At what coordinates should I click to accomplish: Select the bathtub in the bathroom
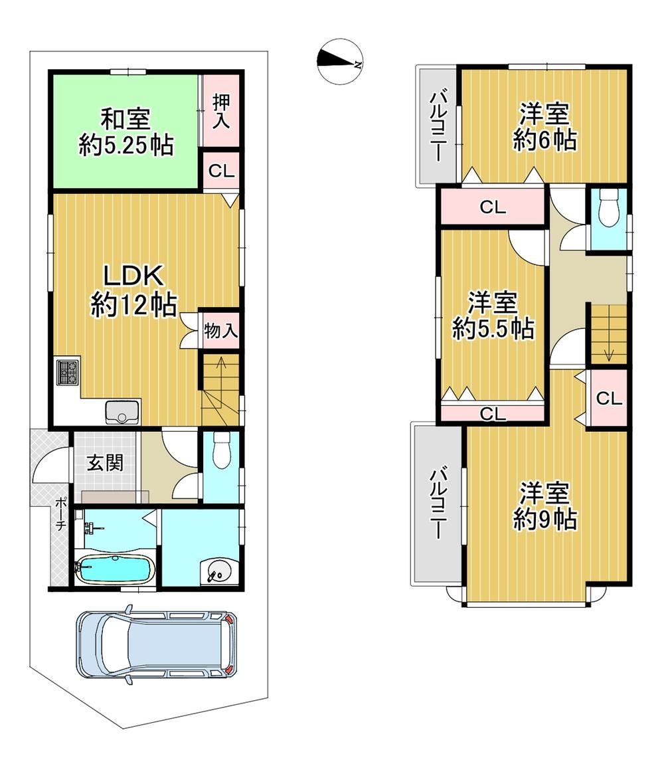point(114,569)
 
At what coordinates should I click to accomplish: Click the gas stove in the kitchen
point(68,373)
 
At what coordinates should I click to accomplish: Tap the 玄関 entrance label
point(105,462)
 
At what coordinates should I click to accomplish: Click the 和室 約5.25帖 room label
point(126,132)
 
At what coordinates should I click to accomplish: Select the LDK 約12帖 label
point(134,292)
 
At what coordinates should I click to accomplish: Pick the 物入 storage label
point(220,330)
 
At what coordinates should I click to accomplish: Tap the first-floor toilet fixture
point(221,450)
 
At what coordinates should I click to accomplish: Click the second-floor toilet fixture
point(608,208)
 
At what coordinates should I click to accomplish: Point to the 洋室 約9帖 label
point(544,506)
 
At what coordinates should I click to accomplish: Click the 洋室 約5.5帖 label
point(493,316)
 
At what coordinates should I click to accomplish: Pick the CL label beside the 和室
point(222,171)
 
